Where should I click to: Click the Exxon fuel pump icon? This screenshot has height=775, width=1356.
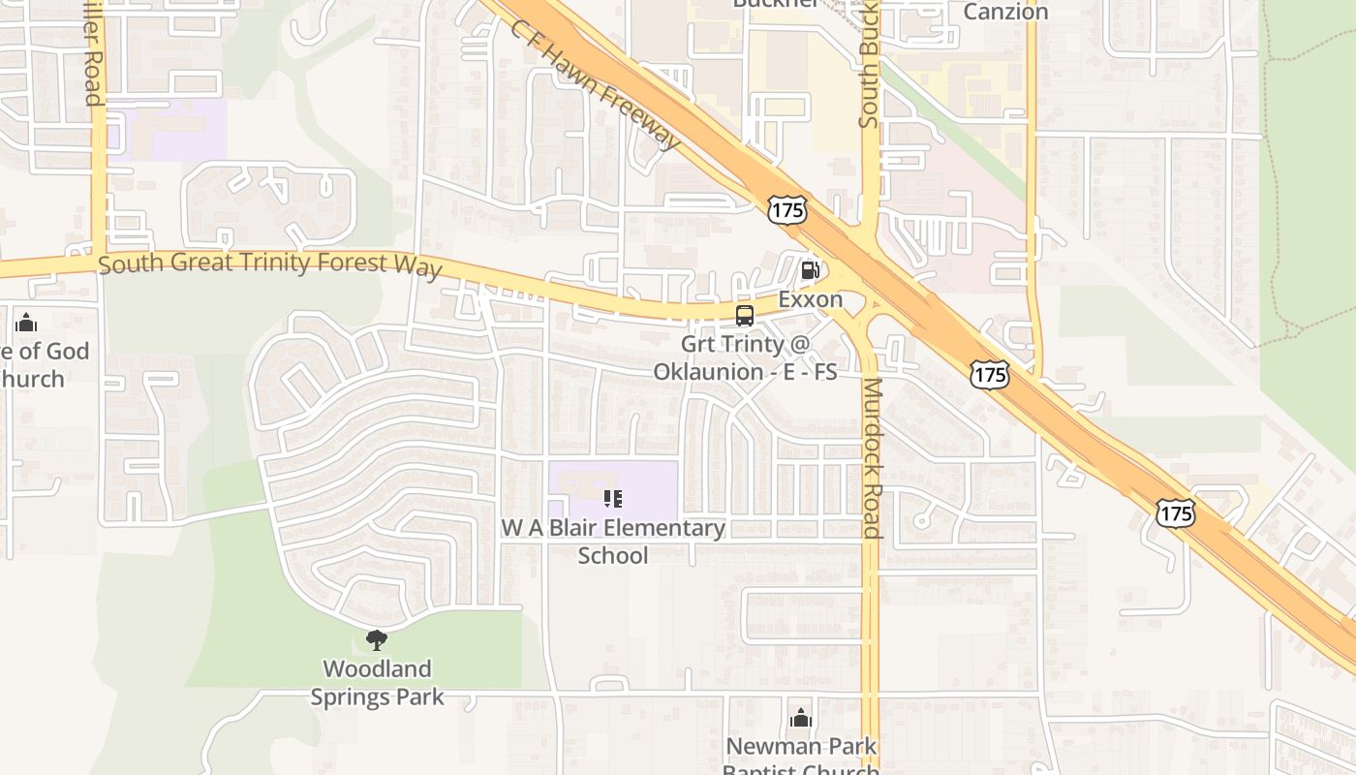(811, 270)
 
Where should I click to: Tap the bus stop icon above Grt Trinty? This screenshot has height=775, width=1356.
(744, 315)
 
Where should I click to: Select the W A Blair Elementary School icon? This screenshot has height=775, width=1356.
(613, 499)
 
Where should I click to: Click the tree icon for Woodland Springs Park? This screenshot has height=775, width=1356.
(377, 639)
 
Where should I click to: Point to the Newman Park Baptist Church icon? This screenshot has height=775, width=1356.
(800, 718)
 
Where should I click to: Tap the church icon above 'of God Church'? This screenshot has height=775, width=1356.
(26, 322)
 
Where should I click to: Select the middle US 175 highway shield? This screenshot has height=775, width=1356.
(990, 375)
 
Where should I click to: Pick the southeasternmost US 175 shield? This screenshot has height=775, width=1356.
(1175, 513)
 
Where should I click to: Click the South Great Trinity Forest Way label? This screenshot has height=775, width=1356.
(270, 264)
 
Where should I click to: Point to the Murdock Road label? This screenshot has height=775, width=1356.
(872, 458)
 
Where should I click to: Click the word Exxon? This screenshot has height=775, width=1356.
(811, 299)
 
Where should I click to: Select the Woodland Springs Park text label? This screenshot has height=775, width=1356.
(377, 683)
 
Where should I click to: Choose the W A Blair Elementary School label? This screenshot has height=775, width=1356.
(613, 542)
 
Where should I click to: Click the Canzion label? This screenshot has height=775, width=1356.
(1005, 12)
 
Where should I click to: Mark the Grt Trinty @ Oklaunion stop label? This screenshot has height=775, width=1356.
(744, 357)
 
